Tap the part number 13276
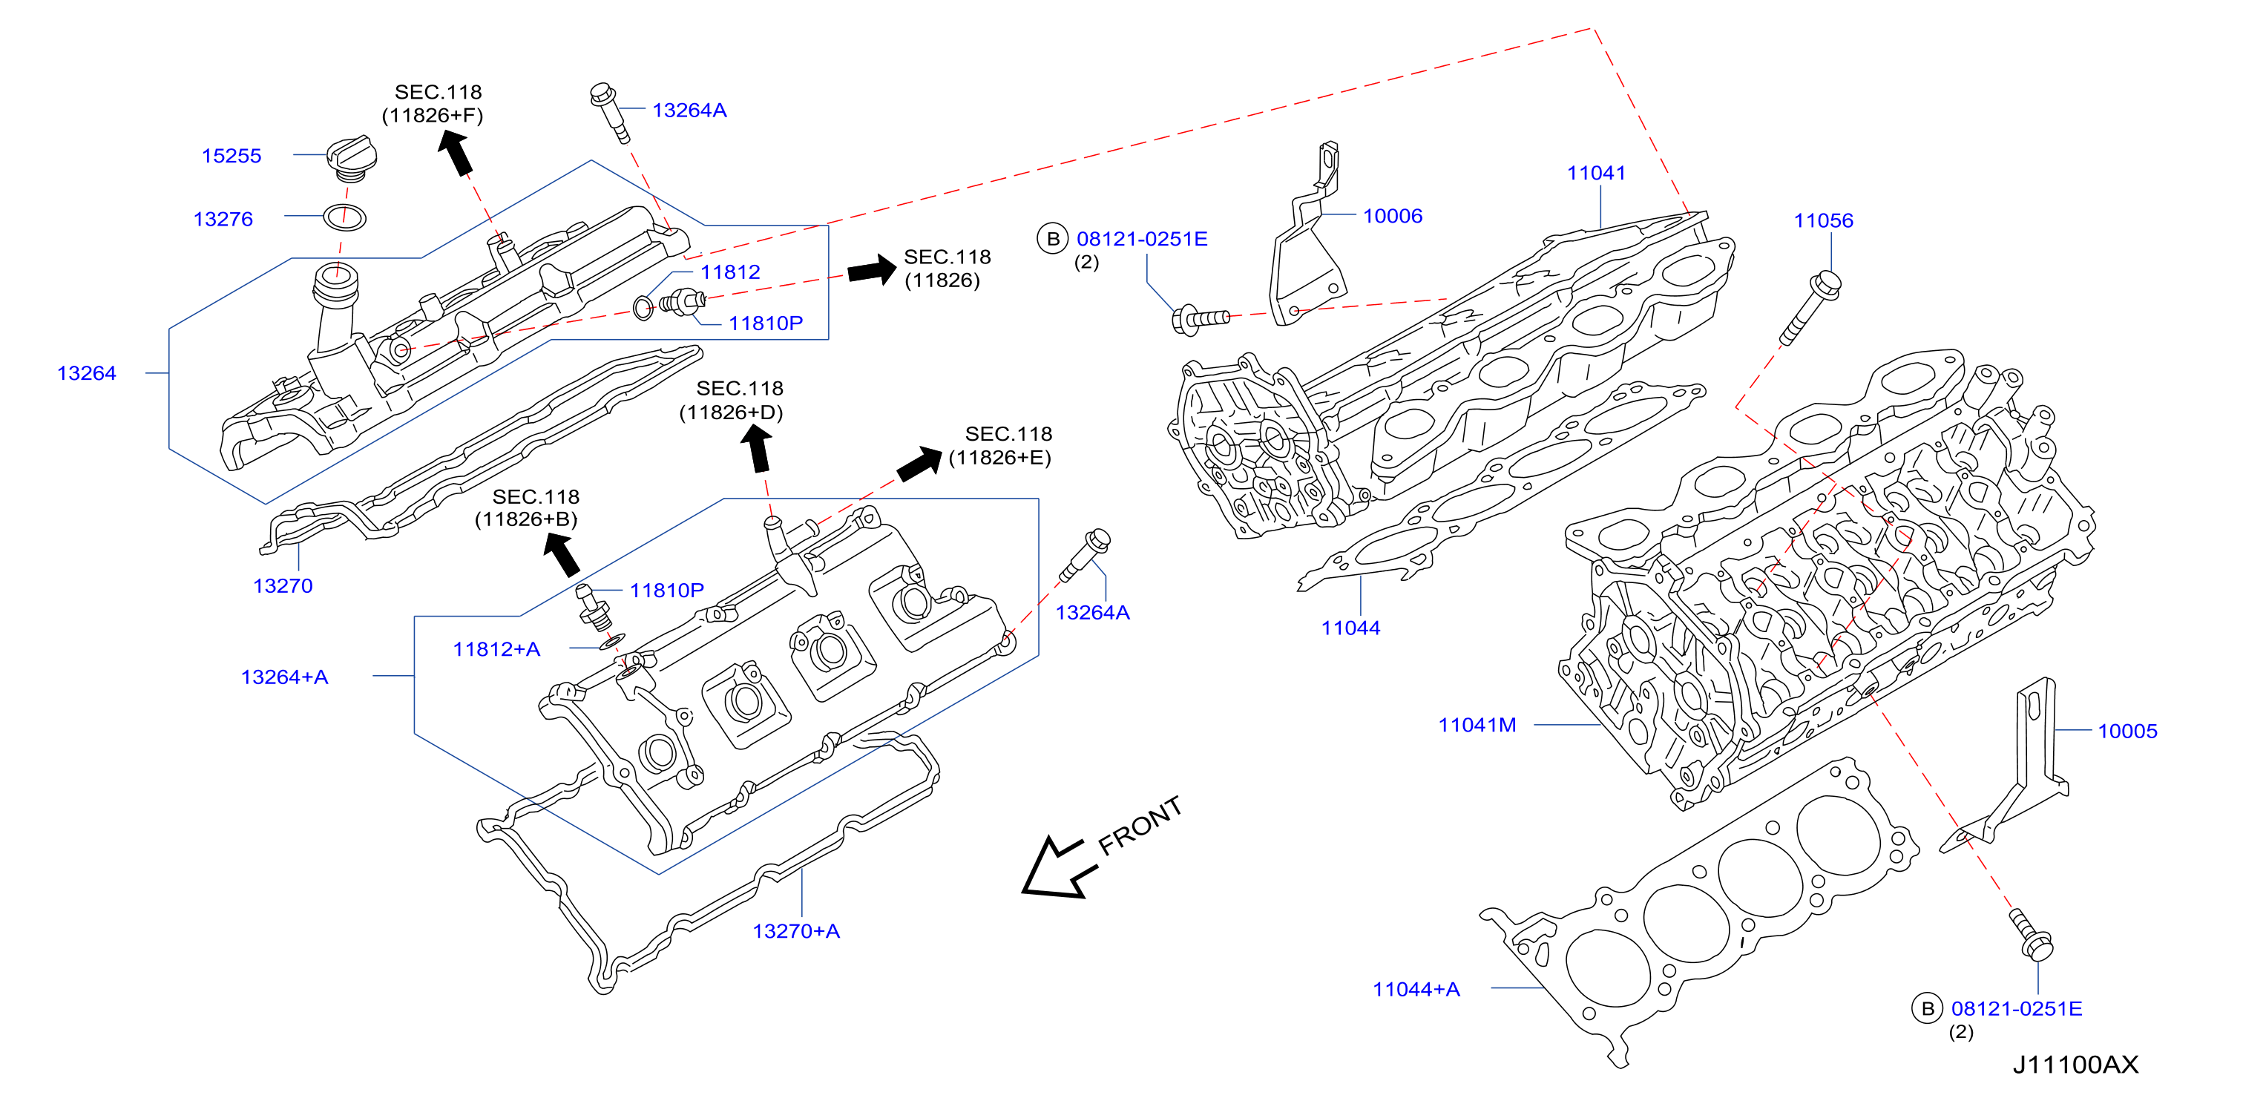click(x=223, y=220)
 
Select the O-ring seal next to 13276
click(x=344, y=217)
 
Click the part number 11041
click(x=1596, y=173)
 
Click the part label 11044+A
click(x=1416, y=990)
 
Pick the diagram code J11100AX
click(x=2075, y=1065)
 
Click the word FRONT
click(x=1140, y=825)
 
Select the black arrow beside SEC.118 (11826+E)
click(x=919, y=463)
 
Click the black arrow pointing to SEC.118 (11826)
click(x=872, y=270)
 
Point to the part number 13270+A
click(x=796, y=931)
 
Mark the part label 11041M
click(x=1477, y=725)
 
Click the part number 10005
click(x=2127, y=731)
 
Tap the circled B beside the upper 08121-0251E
click(x=1053, y=238)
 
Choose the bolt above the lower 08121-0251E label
click(x=2032, y=935)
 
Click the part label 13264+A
click(x=284, y=677)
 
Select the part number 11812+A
click(x=496, y=649)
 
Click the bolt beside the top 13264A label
click(x=608, y=112)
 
